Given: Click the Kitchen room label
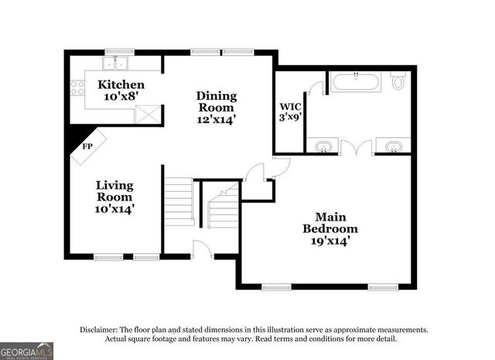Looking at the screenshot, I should click(120, 84).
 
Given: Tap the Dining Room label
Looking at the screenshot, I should click(216, 101).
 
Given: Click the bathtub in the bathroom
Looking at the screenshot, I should click(354, 81).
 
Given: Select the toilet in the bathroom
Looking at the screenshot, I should click(398, 80).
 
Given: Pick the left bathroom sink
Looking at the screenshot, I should click(323, 146).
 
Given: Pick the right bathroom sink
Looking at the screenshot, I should click(393, 146).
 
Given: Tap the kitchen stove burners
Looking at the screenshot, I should click(77, 87).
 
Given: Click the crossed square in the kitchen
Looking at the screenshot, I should click(146, 114).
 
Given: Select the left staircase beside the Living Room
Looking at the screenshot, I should click(178, 202).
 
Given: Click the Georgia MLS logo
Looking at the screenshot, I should click(27, 351).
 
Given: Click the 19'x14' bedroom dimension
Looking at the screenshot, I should click(329, 241).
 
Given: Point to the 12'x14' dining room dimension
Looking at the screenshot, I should click(216, 119).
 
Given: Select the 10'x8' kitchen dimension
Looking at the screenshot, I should click(120, 97).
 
